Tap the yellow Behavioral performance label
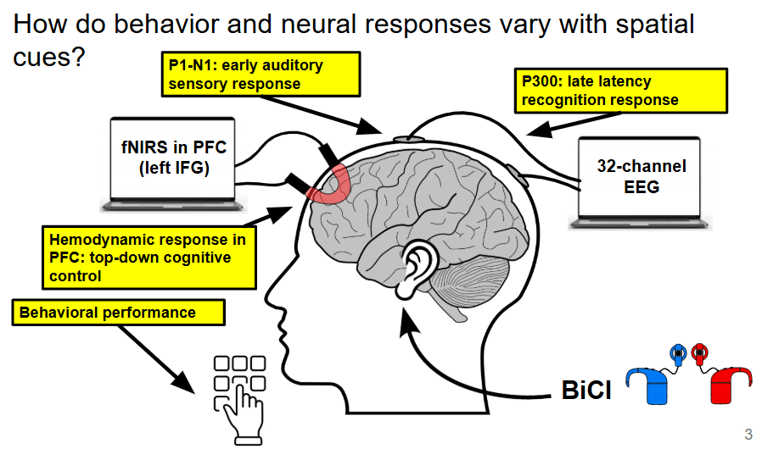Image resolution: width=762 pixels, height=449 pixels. pos(119,313)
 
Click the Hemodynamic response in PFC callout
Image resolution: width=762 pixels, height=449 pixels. pos(148,257)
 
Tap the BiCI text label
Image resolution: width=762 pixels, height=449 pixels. pos(586,391)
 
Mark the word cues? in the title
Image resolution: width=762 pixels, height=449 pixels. pos(50,60)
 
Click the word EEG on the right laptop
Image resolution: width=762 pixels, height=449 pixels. pos(641,186)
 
